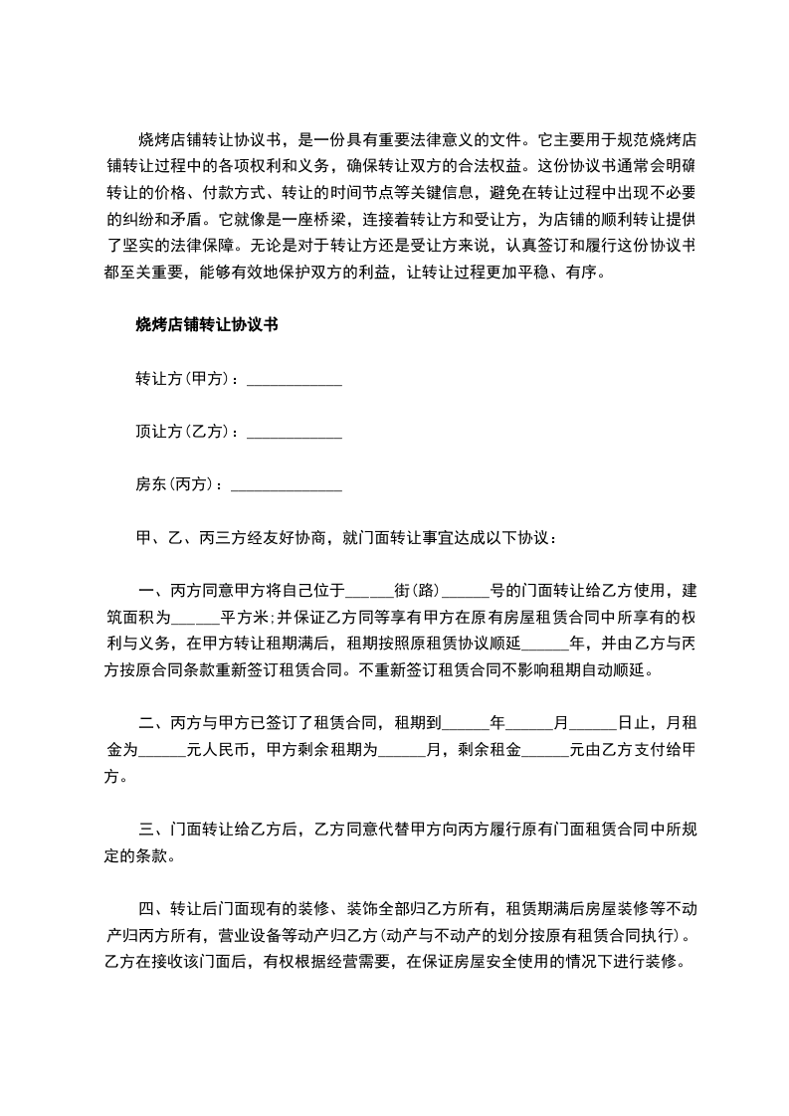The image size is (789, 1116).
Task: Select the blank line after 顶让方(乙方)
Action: coord(294,433)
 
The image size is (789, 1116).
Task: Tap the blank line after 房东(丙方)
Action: coord(286,486)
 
